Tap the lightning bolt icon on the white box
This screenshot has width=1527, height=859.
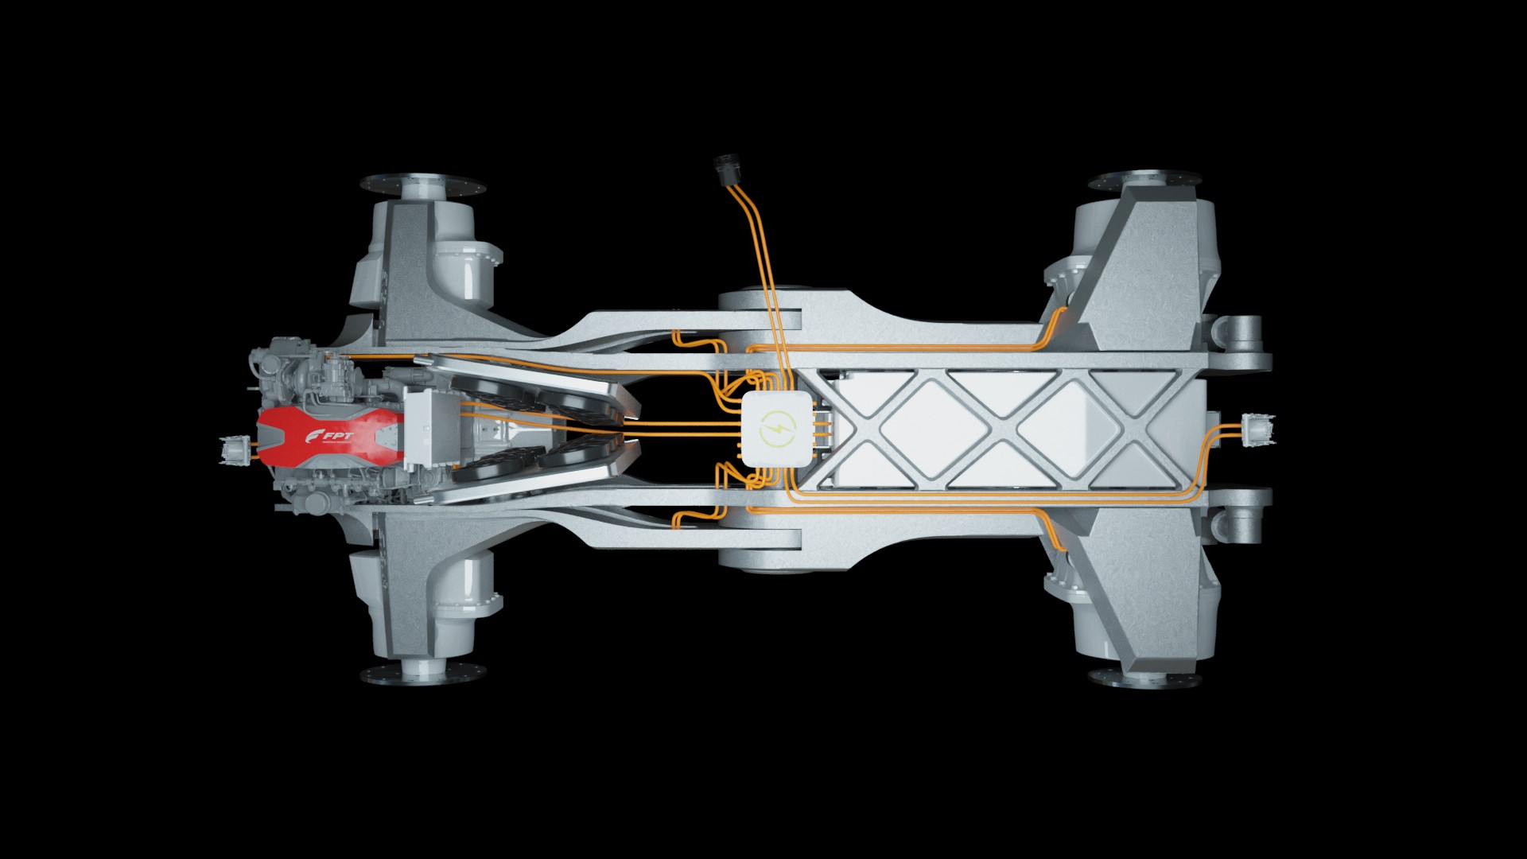(773, 430)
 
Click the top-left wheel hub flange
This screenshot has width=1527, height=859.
(422, 185)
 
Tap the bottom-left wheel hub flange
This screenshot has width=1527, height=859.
(422, 672)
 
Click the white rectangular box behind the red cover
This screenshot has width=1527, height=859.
(429, 429)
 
